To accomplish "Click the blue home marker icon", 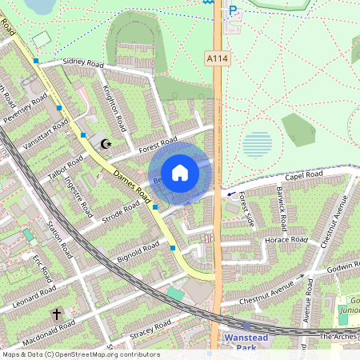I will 180,172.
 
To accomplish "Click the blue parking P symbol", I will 233,10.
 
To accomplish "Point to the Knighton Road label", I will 113,109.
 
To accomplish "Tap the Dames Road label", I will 133,185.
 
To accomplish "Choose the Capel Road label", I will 303,175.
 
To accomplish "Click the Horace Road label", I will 286,239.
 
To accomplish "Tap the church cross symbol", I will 57,314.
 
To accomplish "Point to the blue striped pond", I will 257,145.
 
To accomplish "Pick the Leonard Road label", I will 34,295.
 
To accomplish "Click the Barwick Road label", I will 281,206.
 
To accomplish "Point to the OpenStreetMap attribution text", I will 80,354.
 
